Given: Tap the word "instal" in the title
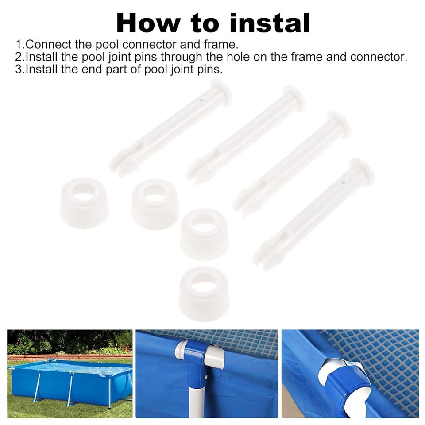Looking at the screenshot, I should coord(270,23).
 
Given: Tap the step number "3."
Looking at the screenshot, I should coord(20,70).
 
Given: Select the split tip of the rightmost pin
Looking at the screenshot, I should coord(264,257).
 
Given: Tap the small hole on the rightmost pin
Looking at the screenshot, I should coord(344,181).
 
